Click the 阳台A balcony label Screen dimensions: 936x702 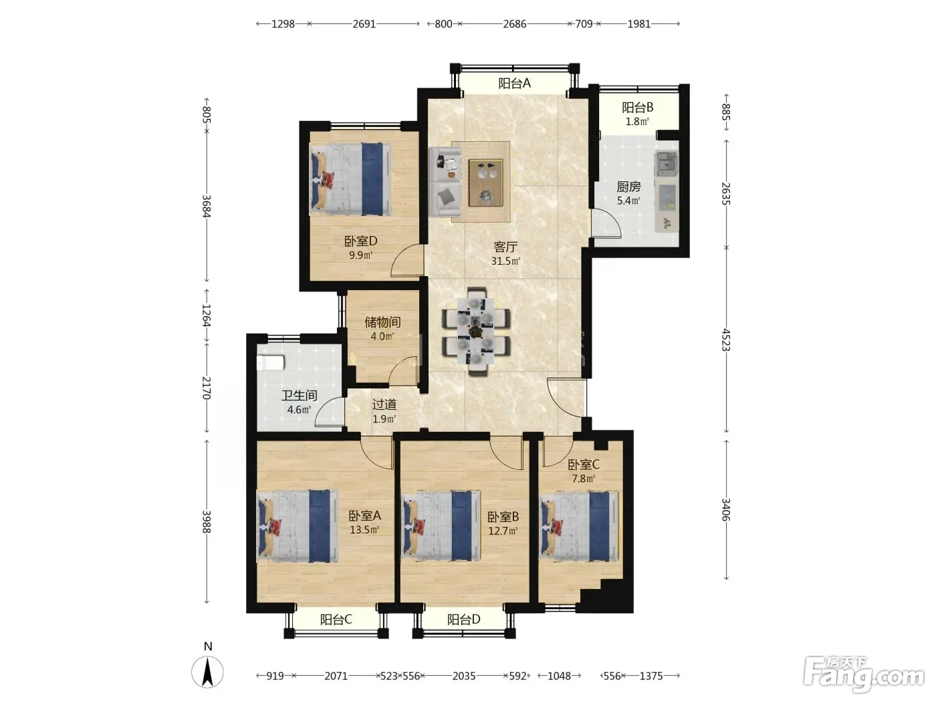(514, 83)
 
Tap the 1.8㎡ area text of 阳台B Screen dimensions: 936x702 (637, 122)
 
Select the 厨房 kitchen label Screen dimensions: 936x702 (628, 187)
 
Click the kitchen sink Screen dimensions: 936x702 (667, 163)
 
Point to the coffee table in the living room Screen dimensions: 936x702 (485, 183)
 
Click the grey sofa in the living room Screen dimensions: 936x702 (445, 182)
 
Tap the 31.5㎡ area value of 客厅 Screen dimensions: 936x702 (505, 261)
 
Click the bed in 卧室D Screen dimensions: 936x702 (350, 179)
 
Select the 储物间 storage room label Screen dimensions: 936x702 (382, 322)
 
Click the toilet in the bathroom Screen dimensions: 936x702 (270, 364)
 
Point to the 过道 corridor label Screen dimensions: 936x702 (384, 404)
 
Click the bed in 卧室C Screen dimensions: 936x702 (579, 526)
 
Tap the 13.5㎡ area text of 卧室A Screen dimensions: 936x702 (364, 530)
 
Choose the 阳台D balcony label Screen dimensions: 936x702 (463, 619)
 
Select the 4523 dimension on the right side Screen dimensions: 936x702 (726, 340)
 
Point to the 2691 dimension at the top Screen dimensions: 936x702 (364, 24)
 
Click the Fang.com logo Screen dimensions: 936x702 (864, 674)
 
